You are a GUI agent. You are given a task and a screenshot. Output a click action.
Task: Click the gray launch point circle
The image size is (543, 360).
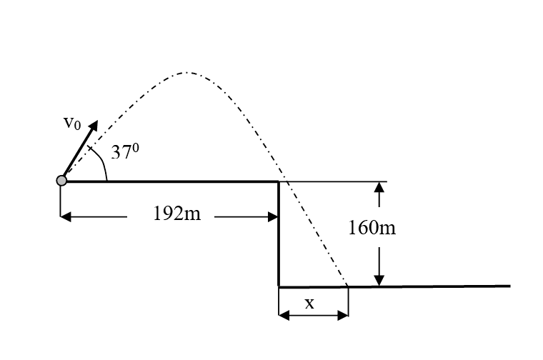pyautogui.click(x=61, y=181)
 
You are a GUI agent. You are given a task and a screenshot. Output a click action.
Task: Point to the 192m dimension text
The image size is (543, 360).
pyautogui.click(x=177, y=215)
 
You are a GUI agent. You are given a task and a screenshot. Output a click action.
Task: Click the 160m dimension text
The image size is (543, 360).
pyautogui.click(x=372, y=228)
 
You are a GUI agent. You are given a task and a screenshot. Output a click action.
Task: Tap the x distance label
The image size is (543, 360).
pyautogui.click(x=309, y=304)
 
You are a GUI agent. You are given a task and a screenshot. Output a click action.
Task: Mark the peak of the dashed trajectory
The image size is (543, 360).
pyautogui.click(x=187, y=72)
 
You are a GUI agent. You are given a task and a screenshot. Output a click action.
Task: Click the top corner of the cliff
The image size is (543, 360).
pyautogui.click(x=279, y=181)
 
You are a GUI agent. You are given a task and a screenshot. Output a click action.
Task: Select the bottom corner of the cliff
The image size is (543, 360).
pyautogui.click(x=279, y=286)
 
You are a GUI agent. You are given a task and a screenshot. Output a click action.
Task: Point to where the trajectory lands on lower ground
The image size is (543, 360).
pyautogui.click(x=348, y=286)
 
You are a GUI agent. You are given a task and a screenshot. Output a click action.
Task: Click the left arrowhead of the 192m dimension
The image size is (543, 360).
pyautogui.click(x=65, y=216)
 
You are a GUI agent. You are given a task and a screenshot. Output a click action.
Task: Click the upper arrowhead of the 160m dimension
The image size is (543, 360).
pyautogui.click(x=380, y=186)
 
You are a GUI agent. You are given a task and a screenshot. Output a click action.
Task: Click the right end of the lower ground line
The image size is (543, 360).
pyautogui.click(x=509, y=286)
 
